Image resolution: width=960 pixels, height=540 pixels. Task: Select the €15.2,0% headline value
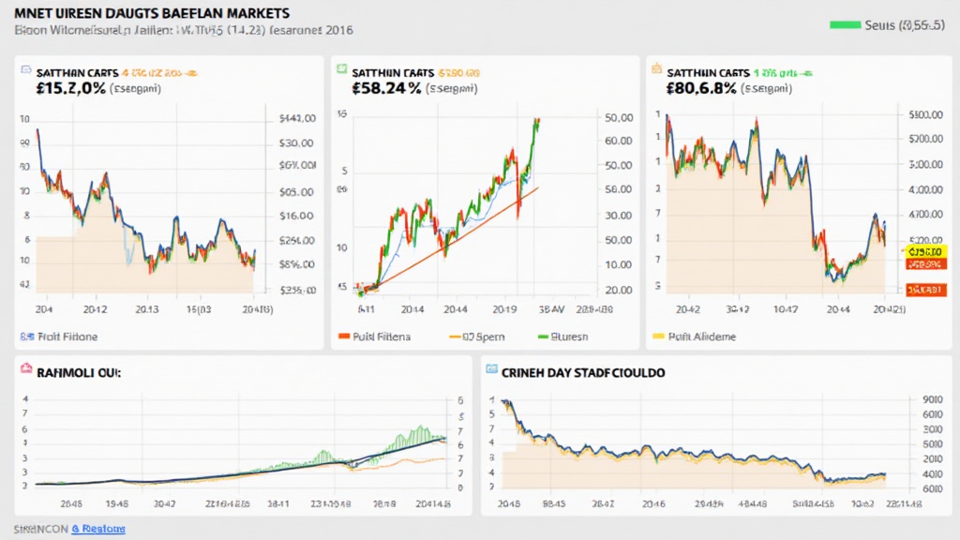[58, 89]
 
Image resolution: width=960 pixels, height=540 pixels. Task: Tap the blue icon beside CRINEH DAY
[492, 371]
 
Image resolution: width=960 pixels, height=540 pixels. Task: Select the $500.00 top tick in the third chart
[925, 114]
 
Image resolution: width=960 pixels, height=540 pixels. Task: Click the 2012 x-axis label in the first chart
[95, 307]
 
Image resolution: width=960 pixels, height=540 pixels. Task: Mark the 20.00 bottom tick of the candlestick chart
[619, 291]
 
